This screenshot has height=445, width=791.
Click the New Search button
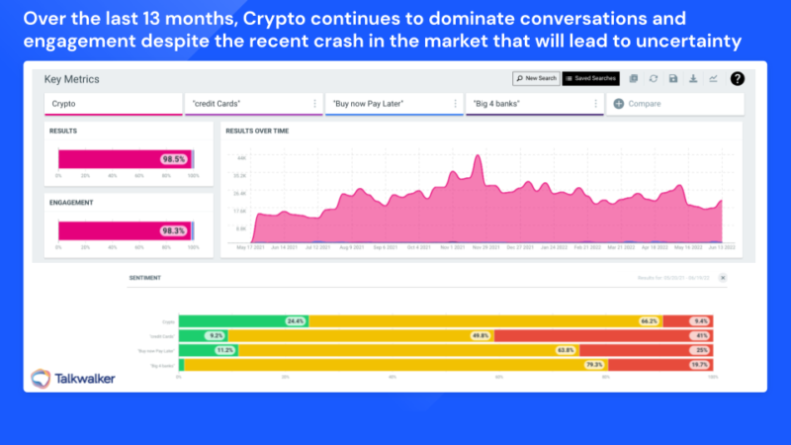pos(536,78)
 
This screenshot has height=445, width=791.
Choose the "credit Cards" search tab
pos(253,103)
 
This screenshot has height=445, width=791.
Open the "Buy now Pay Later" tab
pos(394,103)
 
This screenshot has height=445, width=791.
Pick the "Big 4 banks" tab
pos(534,103)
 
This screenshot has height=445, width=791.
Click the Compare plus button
pos(619,103)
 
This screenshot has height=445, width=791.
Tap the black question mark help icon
pos(737,78)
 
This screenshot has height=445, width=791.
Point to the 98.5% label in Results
pos(174,158)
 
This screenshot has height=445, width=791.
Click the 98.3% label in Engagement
pos(174,230)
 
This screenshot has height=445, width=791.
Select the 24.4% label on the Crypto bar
pos(295,321)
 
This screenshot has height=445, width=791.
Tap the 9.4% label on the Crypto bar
pos(701,321)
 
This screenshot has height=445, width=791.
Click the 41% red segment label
pos(701,335)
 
